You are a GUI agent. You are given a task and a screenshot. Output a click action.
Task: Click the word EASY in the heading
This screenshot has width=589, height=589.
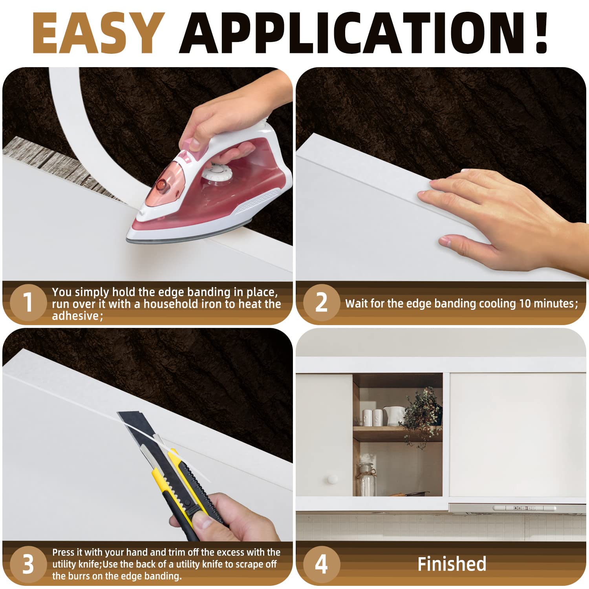tap(98, 33)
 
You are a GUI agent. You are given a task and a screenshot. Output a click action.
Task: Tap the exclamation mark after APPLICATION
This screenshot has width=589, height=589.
tap(541, 33)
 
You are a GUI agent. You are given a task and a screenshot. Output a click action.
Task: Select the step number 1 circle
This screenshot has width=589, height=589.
tap(27, 302)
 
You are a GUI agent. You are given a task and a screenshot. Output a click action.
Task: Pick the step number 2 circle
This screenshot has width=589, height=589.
tap(321, 302)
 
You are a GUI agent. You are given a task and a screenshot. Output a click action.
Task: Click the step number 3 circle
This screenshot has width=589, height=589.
tap(27, 564)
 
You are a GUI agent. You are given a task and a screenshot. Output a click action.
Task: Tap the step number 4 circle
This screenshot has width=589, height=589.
tap(321, 564)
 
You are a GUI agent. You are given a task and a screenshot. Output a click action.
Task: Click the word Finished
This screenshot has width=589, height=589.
tap(452, 564)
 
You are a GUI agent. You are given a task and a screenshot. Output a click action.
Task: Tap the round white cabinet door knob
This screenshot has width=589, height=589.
tap(333, 479)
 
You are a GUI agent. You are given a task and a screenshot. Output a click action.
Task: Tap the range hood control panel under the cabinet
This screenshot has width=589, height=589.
tap(524, 508)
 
